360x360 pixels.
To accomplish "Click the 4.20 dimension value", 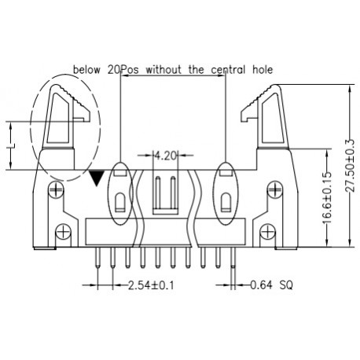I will pos(167,156).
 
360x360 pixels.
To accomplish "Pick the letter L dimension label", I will pos(11,145).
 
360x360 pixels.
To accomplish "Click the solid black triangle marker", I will pos(97,178).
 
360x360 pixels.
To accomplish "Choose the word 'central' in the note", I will pos(223,70).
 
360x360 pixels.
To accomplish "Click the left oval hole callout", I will pos(119,192).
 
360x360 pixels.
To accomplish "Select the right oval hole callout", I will pos(226,192).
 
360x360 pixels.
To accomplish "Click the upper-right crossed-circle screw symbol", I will pos(274,189).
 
